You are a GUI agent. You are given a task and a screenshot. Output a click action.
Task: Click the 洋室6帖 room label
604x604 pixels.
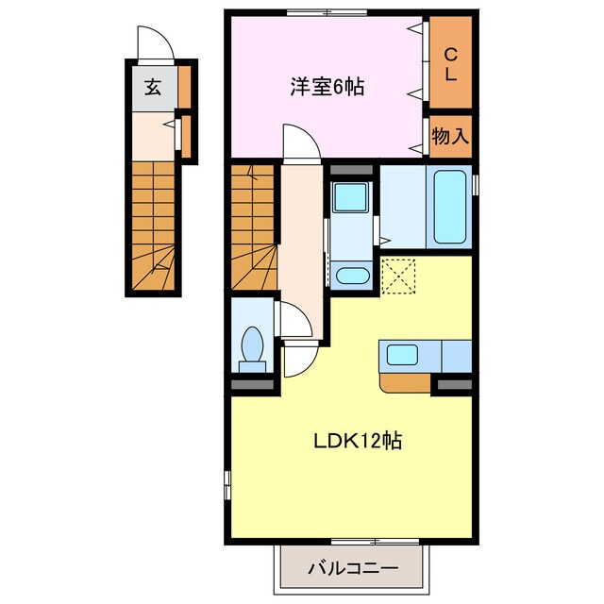point(327,88)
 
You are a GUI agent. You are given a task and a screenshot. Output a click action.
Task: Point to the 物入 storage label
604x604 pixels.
point(451,135)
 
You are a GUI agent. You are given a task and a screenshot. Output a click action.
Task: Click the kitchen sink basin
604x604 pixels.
point(402,356)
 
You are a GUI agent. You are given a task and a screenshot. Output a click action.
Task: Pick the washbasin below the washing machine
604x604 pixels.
point(351,276)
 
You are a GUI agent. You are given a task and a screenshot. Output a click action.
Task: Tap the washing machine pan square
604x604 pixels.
point(351,198)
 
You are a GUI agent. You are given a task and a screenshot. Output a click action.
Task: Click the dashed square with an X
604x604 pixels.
point(398,277)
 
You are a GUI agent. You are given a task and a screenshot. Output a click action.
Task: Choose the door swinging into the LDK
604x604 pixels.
point(301,359)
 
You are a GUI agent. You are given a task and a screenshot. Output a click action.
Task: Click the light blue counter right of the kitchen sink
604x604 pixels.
point(456,356)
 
